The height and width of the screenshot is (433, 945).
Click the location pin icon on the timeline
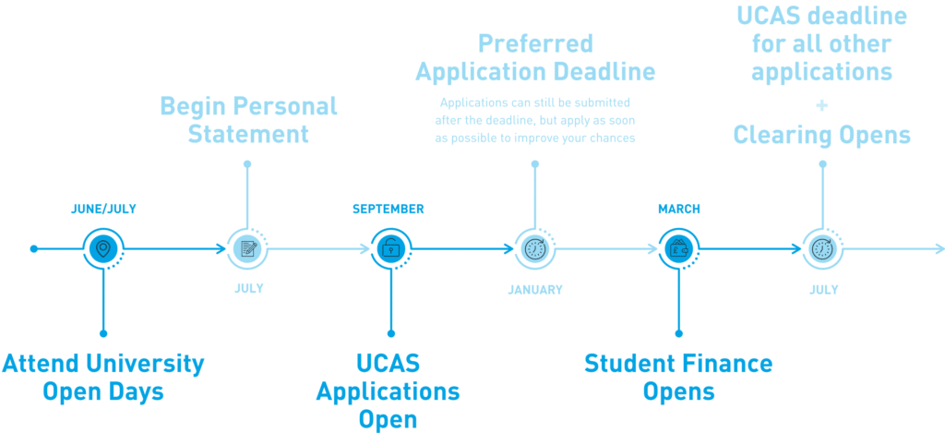(x=103, y=248)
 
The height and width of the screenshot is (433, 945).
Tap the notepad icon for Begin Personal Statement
(x=247, y=248)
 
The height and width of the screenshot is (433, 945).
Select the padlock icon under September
(x=391, y=248)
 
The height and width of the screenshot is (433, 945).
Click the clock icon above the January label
(x=535, y=248)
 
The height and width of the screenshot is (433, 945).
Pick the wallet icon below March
(x=678, y=248)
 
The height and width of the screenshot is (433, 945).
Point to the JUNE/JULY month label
(x=103, y=209)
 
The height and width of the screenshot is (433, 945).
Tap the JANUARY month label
(x=535, y=289)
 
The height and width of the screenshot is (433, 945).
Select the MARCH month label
(x=678, y=209)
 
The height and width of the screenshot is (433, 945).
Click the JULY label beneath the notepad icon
(x=248, y=288)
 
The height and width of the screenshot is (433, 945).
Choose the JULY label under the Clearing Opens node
(x=823, y=289)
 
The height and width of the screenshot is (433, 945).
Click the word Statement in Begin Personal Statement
(x=248, y=134)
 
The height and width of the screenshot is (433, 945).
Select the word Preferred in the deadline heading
(x=535, y=43)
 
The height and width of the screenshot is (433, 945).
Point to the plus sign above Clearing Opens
(x=822, y=106)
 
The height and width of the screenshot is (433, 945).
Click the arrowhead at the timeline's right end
(x=939, y=248)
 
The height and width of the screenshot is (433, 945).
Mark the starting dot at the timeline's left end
(x=34, y=248)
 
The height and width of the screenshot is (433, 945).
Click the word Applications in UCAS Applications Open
(x=388, y=391)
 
